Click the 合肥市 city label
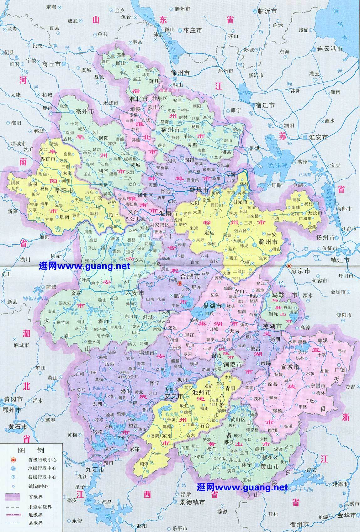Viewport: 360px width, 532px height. (191, 276)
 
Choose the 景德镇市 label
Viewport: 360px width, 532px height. (192, 502)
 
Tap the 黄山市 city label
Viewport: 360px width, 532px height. (269, 466)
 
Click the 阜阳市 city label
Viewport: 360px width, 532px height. (64, 190)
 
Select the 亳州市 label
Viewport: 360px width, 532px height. (85, 111)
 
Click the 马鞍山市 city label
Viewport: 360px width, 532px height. (285, 295)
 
